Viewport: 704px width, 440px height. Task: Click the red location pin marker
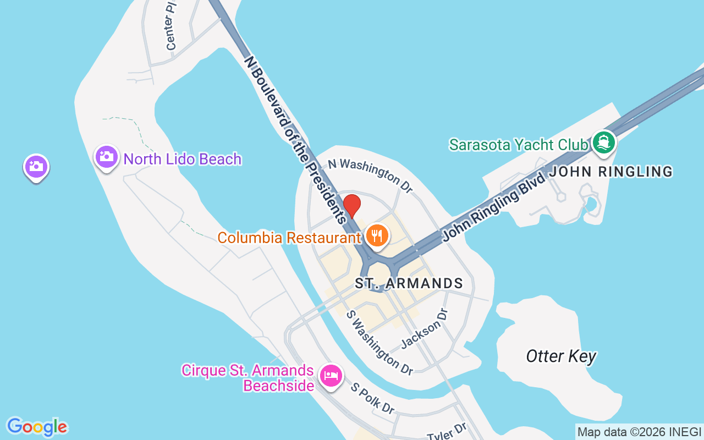[352, 205]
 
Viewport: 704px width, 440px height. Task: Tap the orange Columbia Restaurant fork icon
[377, 236]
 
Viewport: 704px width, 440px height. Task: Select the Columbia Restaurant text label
[289, 238]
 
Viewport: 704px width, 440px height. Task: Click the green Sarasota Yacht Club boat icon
[604, 142]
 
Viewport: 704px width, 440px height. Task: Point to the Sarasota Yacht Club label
[518, 145]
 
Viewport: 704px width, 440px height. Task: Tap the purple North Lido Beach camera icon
[107, 157]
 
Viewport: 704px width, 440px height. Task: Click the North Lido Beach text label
[183, 159]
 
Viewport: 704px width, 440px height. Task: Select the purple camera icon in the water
[36, 167]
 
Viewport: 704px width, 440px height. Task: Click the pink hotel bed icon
[331, 376]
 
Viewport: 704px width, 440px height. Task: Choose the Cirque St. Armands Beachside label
[248, 378]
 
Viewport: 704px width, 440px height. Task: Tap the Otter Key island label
[561, 356]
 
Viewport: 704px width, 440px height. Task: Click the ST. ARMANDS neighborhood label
[409, 284]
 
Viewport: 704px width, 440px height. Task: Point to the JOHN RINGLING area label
[611, 172]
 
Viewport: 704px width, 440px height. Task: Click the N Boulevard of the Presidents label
[295, 138]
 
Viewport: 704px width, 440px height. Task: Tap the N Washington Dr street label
[370, 175]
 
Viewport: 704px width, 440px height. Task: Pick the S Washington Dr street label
[380, 343]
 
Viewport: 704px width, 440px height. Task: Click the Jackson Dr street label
[425, 328]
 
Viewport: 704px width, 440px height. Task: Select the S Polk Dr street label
[373, 399]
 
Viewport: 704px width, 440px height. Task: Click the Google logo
[37, 427]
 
